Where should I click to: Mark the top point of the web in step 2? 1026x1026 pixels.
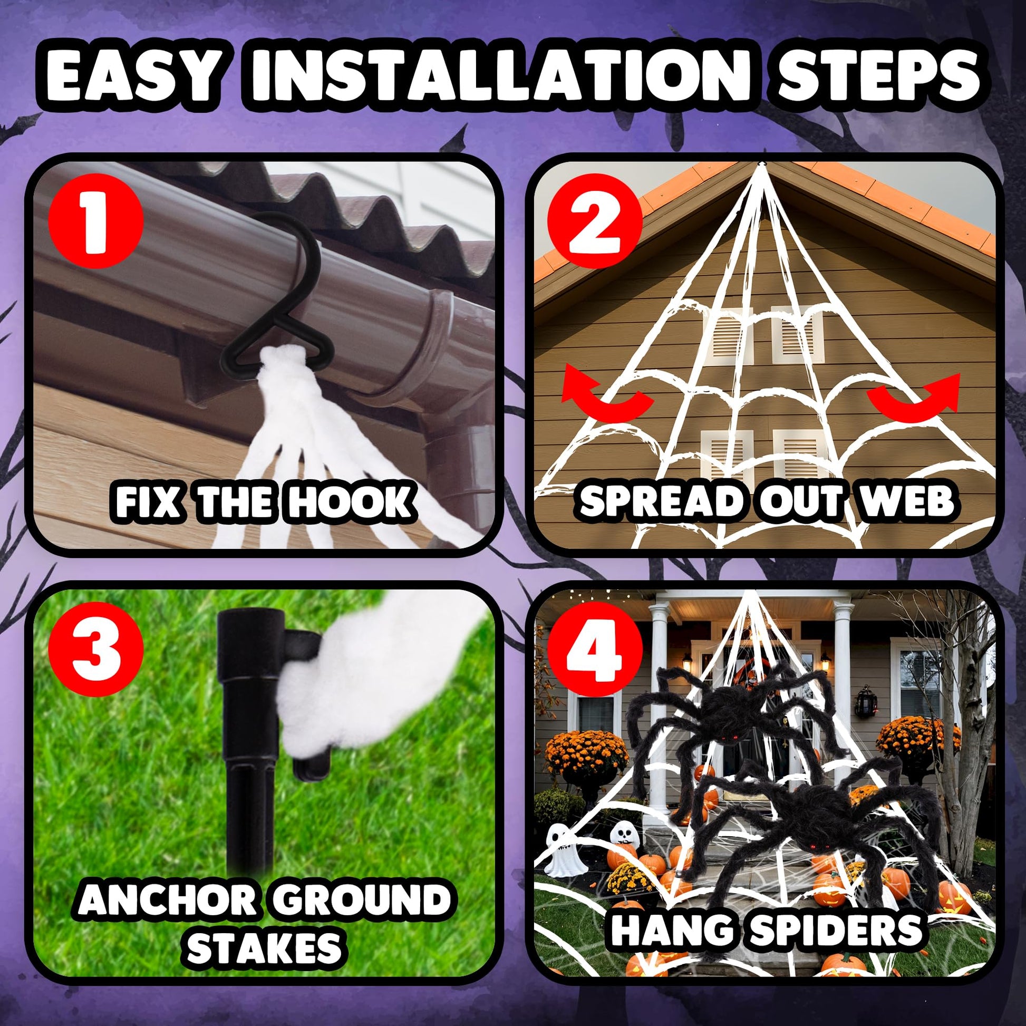tap(763, 162)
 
